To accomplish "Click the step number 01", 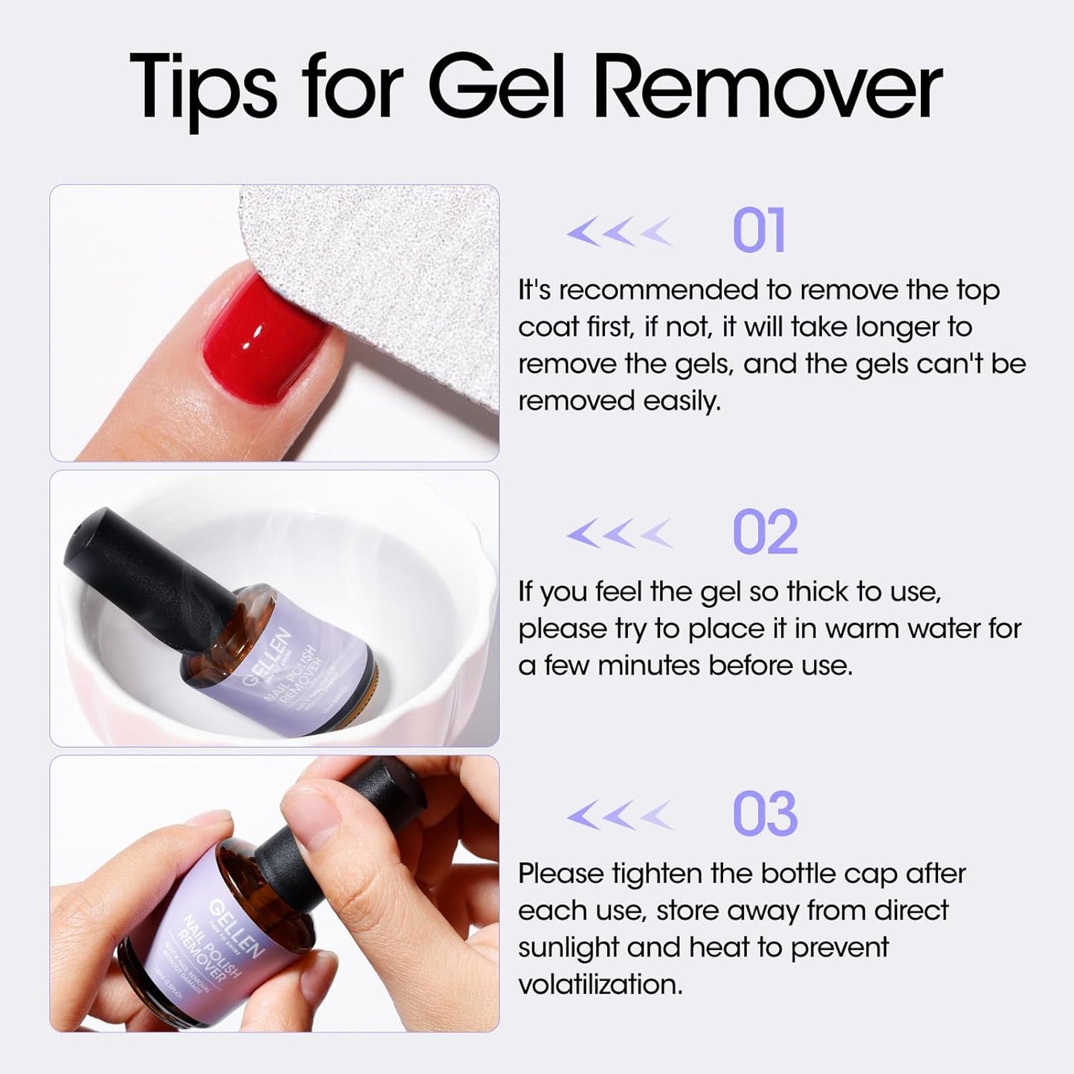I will [758, 231].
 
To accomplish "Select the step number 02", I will [765, 532].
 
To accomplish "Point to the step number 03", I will [765, 814].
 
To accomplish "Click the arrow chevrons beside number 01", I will [619, 232].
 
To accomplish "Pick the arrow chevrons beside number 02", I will [619, 533].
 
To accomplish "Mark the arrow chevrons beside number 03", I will [619, 815].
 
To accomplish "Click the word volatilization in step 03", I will [600, 985].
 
